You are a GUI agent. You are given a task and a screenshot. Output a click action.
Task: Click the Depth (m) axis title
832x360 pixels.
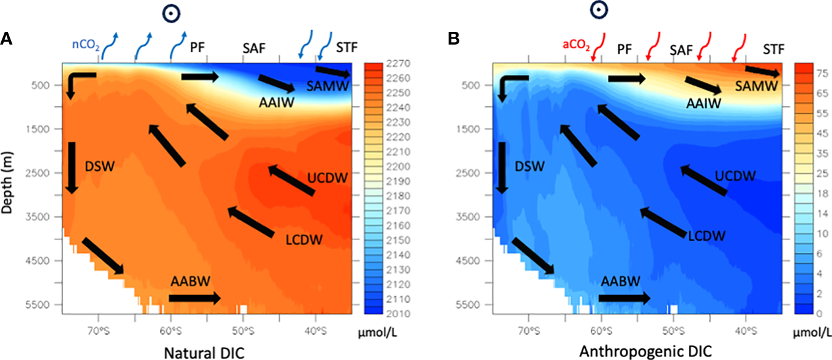tap(8, 184)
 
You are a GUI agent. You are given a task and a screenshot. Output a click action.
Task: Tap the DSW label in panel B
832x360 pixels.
tap(530, 165)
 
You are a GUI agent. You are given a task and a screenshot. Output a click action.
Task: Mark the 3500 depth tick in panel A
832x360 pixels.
tap(45, 217)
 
